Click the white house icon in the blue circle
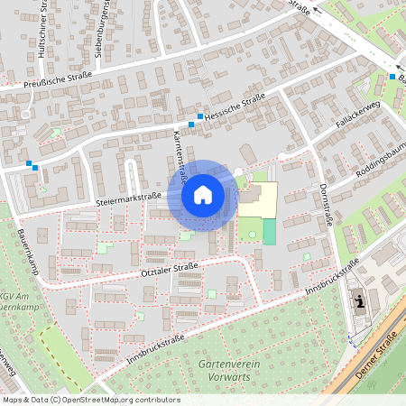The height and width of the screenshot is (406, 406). click(203, 194)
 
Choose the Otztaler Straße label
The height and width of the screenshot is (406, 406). click(171, 268)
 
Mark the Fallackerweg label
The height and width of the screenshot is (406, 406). click(357, 116)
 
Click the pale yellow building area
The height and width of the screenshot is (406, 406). click(259, 198)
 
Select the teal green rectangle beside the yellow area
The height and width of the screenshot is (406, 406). click(270, 231)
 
